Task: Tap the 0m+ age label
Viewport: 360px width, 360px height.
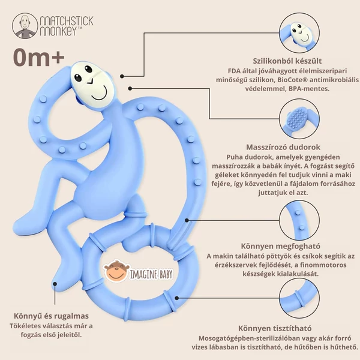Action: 38,59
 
